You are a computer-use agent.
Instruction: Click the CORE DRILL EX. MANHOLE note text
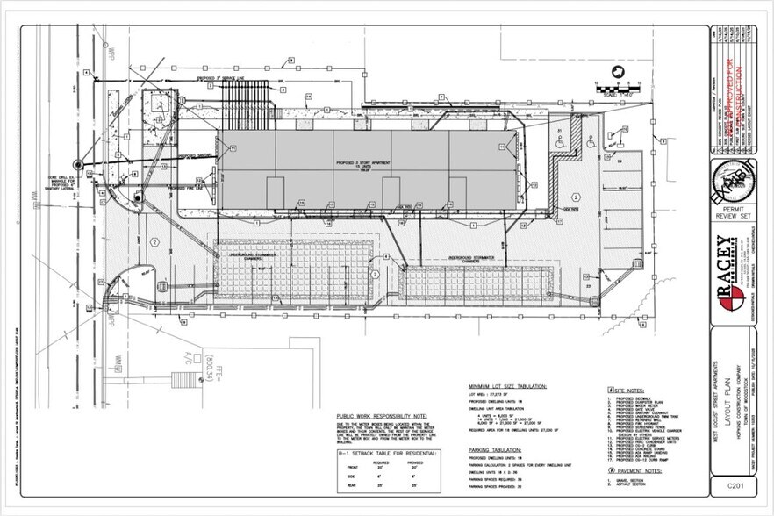point(61,184)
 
